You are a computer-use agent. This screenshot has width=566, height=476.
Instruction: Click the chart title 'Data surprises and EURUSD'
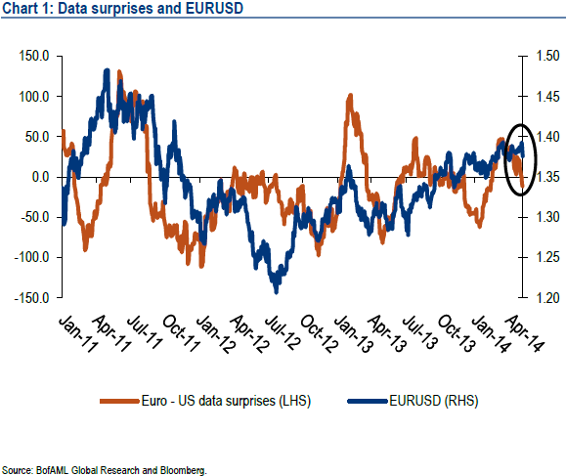point(123,12)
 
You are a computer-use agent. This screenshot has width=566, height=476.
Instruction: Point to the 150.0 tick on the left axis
point(33,56)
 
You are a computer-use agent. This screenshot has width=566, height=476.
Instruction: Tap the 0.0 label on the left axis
point(41,177)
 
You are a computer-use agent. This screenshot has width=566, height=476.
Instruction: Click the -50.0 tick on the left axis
point(34,217)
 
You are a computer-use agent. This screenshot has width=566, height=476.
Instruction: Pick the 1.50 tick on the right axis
point(545,56)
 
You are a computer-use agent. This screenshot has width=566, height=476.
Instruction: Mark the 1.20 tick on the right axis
point(545,297)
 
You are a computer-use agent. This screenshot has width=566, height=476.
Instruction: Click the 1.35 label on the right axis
point(545,177)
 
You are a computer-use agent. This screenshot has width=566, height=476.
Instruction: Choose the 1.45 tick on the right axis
point(545,96)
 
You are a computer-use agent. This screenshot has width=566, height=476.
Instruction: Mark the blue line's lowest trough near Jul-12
point(277,290)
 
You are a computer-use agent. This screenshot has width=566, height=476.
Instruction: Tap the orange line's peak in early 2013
point(349,96)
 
